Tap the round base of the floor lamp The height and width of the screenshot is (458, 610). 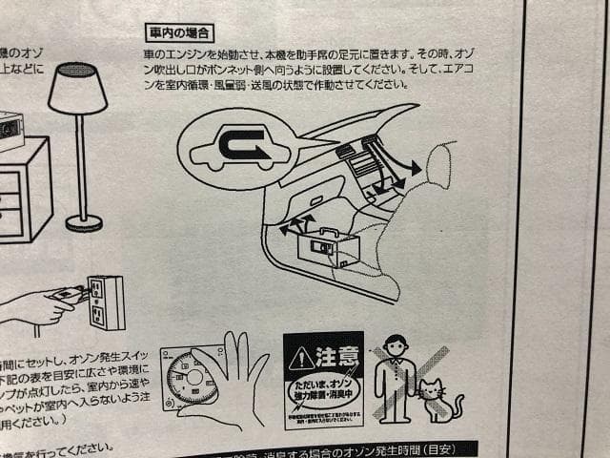coord(84,223)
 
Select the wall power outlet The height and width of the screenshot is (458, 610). coord(106,302)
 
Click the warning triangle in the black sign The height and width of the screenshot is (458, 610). coord(301,359)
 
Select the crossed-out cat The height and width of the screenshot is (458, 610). coord(438,402)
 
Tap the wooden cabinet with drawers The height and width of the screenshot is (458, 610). coord(23,191)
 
